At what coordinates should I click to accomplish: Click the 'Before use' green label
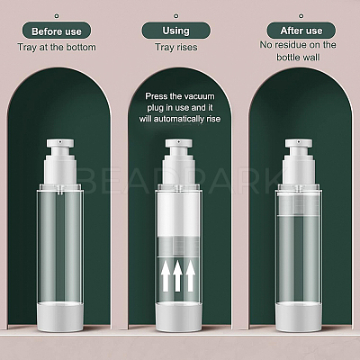[57, 31]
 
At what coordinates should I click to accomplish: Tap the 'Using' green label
[176, 31]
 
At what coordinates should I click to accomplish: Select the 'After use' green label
[301, 31]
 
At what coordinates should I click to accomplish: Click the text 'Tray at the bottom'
[57, 47]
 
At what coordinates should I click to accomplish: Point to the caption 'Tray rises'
[176, 47]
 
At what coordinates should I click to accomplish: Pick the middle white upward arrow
[177, 276]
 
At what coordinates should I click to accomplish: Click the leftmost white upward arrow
[166, 276]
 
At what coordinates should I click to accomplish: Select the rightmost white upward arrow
[190, 276]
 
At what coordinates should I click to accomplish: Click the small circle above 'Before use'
[57, 16]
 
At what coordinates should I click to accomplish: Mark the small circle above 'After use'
[301, 16]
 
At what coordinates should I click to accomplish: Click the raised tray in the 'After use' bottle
[299, 204]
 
